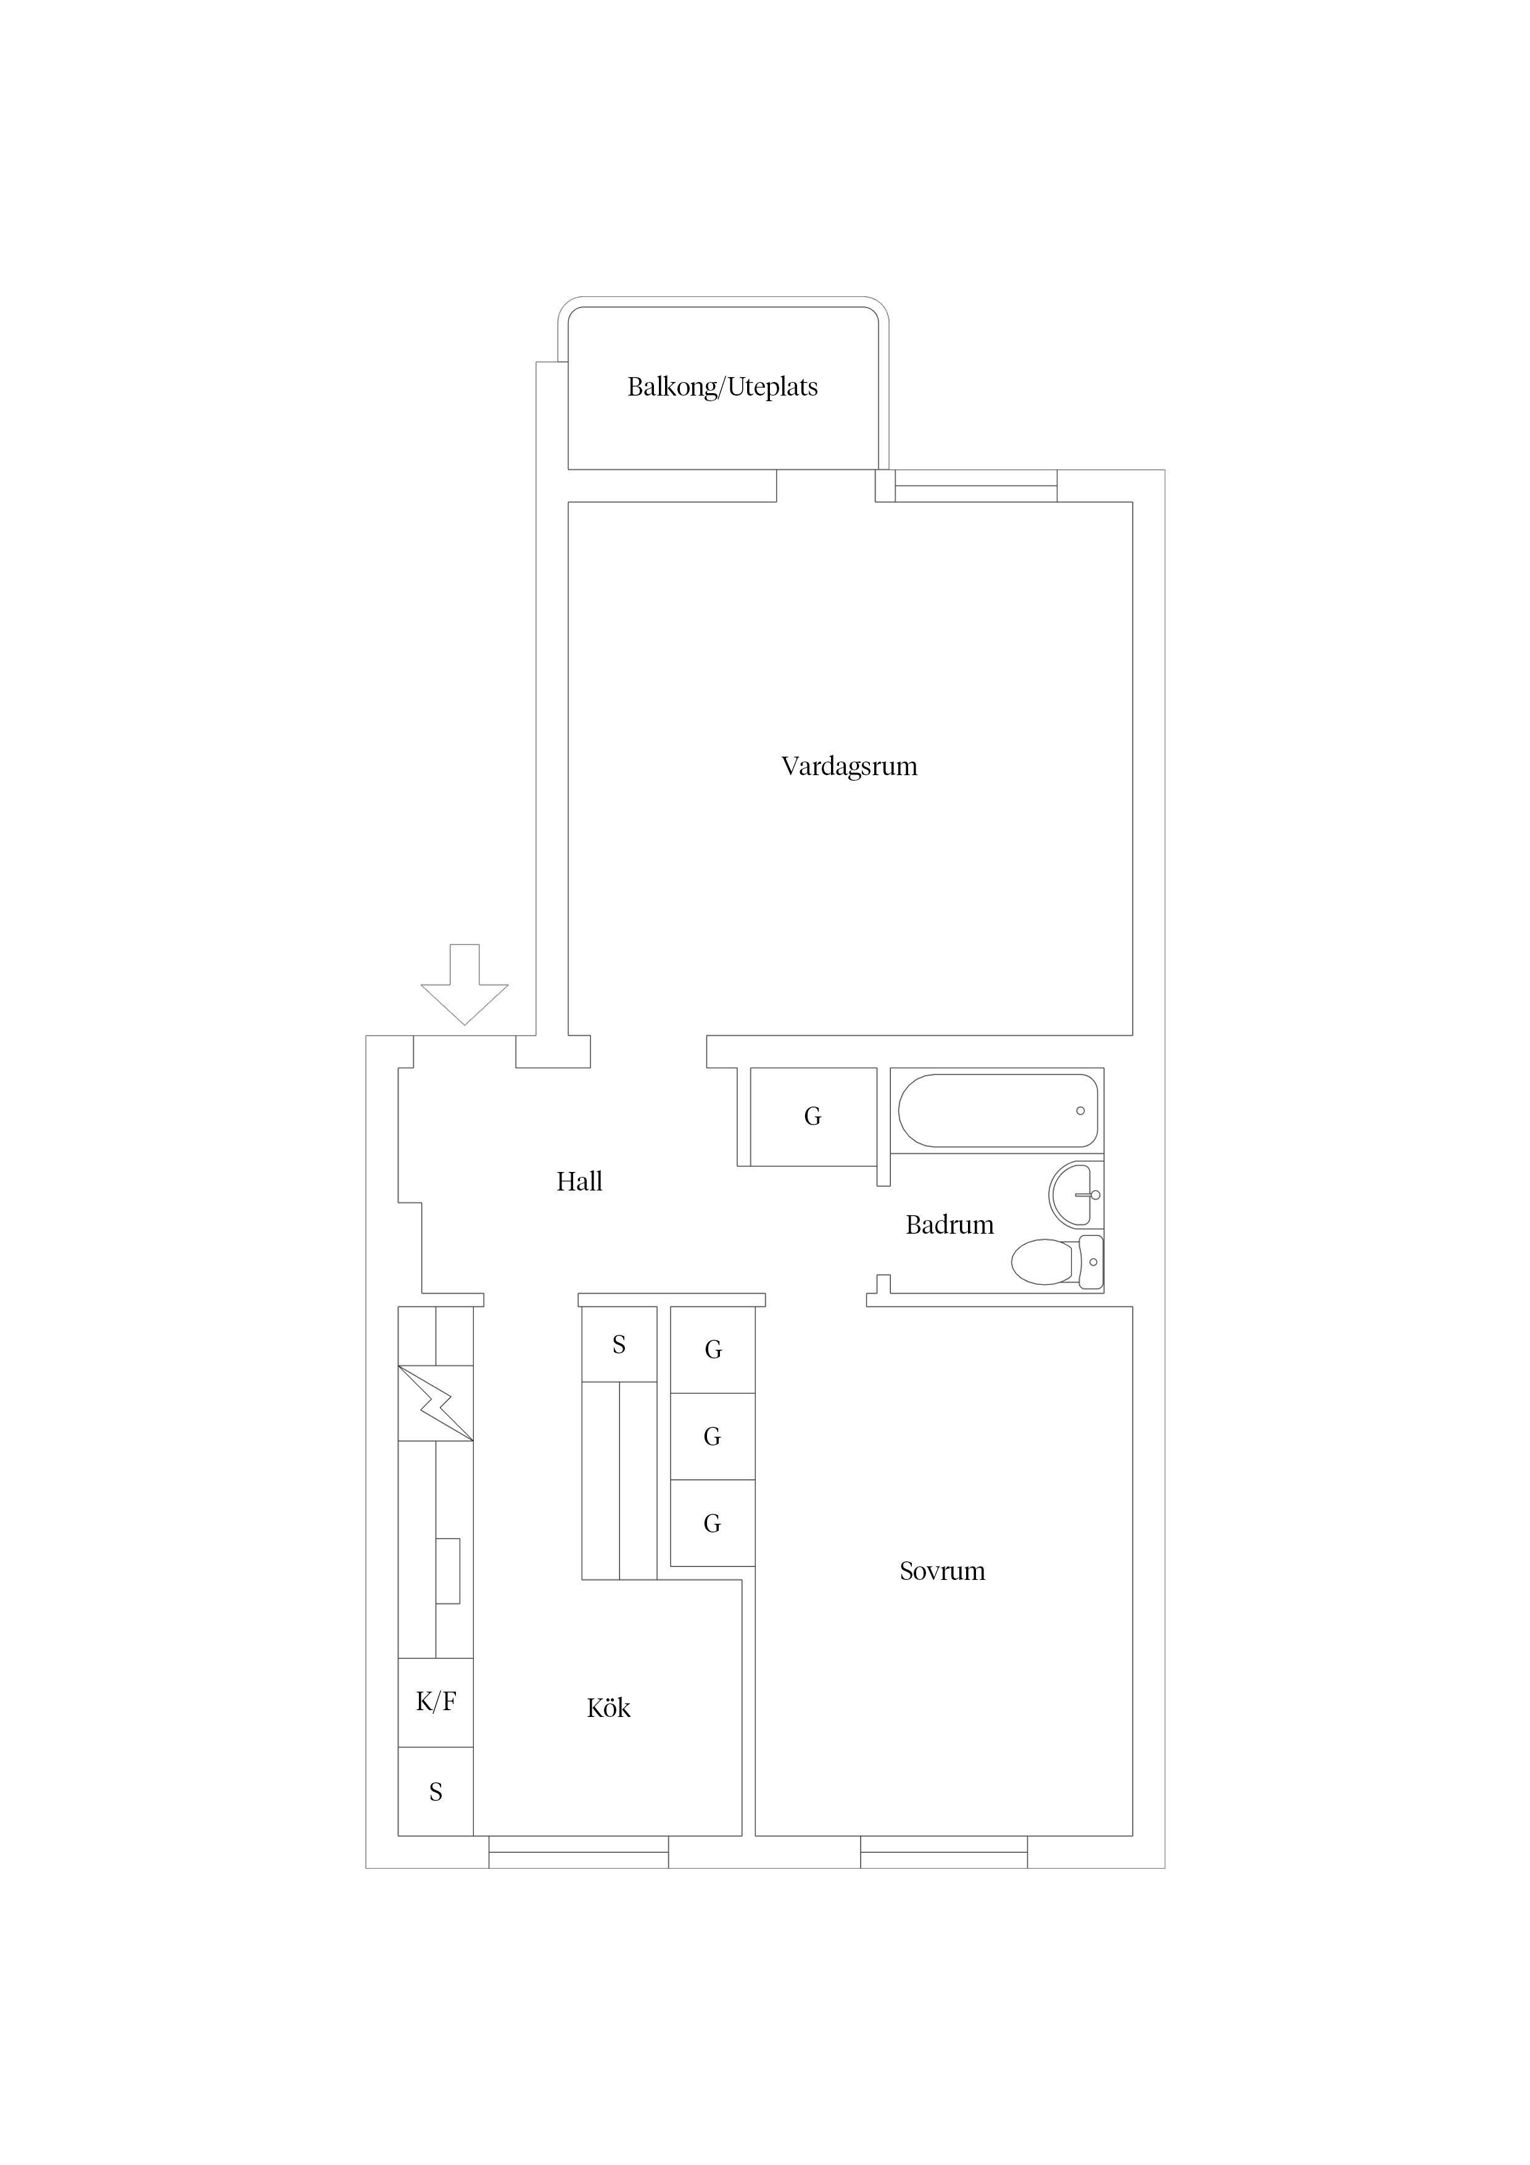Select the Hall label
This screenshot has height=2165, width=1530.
pyautogui.click(x=579, y=1181)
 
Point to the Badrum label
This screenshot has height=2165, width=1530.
pyautogui.click(x=949, y=1225)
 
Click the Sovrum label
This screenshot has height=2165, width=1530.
pyautogui.click(x=942, y=1571)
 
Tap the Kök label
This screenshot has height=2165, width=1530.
pyautogui.click(x=608, y=1708)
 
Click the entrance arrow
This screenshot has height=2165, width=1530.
pyautogui.click(x=465, y=984)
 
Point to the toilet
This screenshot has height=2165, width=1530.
pyautogui.click(x=1057, y=1261)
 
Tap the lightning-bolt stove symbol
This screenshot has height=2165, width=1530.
pyautogui.click(x=436, y=1403)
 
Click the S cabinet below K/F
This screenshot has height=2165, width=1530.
pyautogui.click(x=436, y=1792)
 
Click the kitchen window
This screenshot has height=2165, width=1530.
pyautogui.click(x=579, y=1852)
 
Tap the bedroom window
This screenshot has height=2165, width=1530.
pyautogui.click(x=944, y=1852)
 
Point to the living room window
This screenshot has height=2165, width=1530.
pyautogui.click(x=976, y=486)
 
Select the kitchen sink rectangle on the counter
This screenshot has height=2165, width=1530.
pyautogui.click(x=448, y=1571)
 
